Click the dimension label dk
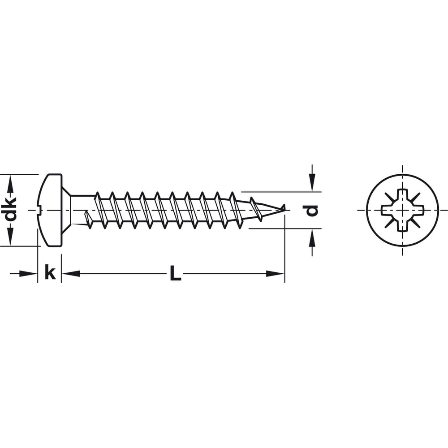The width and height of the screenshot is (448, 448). click(x=11, y=210)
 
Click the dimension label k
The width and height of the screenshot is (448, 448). click(x=50, y=272)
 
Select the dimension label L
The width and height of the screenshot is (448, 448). click(x=175, y=273)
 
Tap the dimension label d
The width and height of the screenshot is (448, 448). click(x=311, y=211)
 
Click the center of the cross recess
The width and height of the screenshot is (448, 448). click(x=402, y=210)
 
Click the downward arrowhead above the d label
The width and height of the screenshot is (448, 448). click(x=312, y=184)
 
